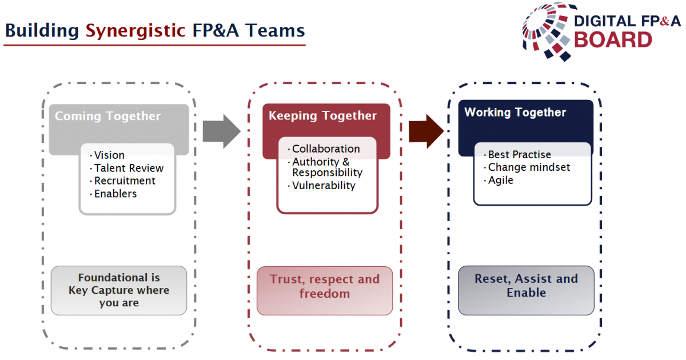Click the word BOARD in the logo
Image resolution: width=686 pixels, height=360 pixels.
click(x=613, y=40)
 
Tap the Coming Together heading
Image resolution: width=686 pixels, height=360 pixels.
click(x=107, y=117)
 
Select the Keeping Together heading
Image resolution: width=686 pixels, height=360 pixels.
click(x=322, y=116)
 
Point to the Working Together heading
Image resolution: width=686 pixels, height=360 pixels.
click(x=515, y=113)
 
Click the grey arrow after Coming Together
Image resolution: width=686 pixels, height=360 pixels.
click(x=221, y=131)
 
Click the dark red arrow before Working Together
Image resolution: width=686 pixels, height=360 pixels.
click(x=426, y=131)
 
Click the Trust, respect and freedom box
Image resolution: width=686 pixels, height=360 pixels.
click(x=325, y=291)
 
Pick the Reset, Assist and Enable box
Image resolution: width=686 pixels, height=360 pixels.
click(x=526, y=290)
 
